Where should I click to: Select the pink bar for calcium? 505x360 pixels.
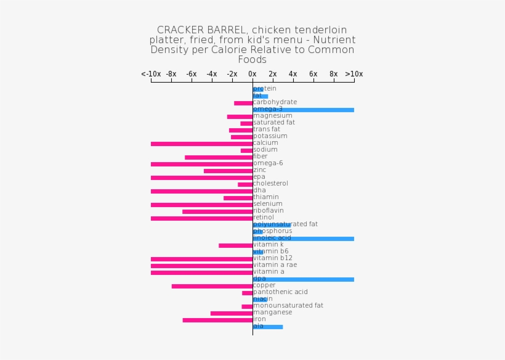[201, 144]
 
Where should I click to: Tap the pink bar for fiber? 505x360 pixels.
[219, 157]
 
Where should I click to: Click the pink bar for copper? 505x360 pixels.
[212, 286]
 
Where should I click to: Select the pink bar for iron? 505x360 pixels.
[217, 320]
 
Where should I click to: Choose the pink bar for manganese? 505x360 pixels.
[232, 313]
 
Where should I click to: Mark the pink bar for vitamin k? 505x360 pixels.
[235, 245]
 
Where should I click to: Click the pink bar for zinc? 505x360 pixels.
[228, 171]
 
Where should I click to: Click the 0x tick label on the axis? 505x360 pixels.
[252, 74]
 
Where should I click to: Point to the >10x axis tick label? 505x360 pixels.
[353, 74]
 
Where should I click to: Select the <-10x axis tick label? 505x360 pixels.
[151, 74]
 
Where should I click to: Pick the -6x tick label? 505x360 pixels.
[192, 74]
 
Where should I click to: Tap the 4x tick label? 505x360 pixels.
[293, 74]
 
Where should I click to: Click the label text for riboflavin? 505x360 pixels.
[269, 211]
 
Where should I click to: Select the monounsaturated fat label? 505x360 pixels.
[288, 306]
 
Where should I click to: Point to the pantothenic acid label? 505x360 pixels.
[280, 292]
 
